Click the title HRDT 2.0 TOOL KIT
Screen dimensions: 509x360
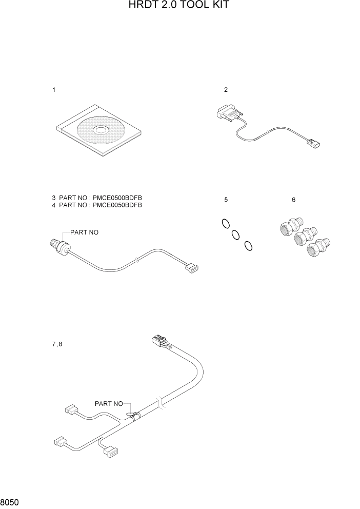point(179,6)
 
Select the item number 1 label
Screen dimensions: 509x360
point(54,90)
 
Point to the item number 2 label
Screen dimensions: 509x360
point(226,90)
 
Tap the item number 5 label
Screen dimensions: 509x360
point(226,200)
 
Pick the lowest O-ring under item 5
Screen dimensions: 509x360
point(248,246)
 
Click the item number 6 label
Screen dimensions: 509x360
point(293,200)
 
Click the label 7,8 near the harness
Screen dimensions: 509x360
point(57,344)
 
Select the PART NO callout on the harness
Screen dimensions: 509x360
point(109,404)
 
